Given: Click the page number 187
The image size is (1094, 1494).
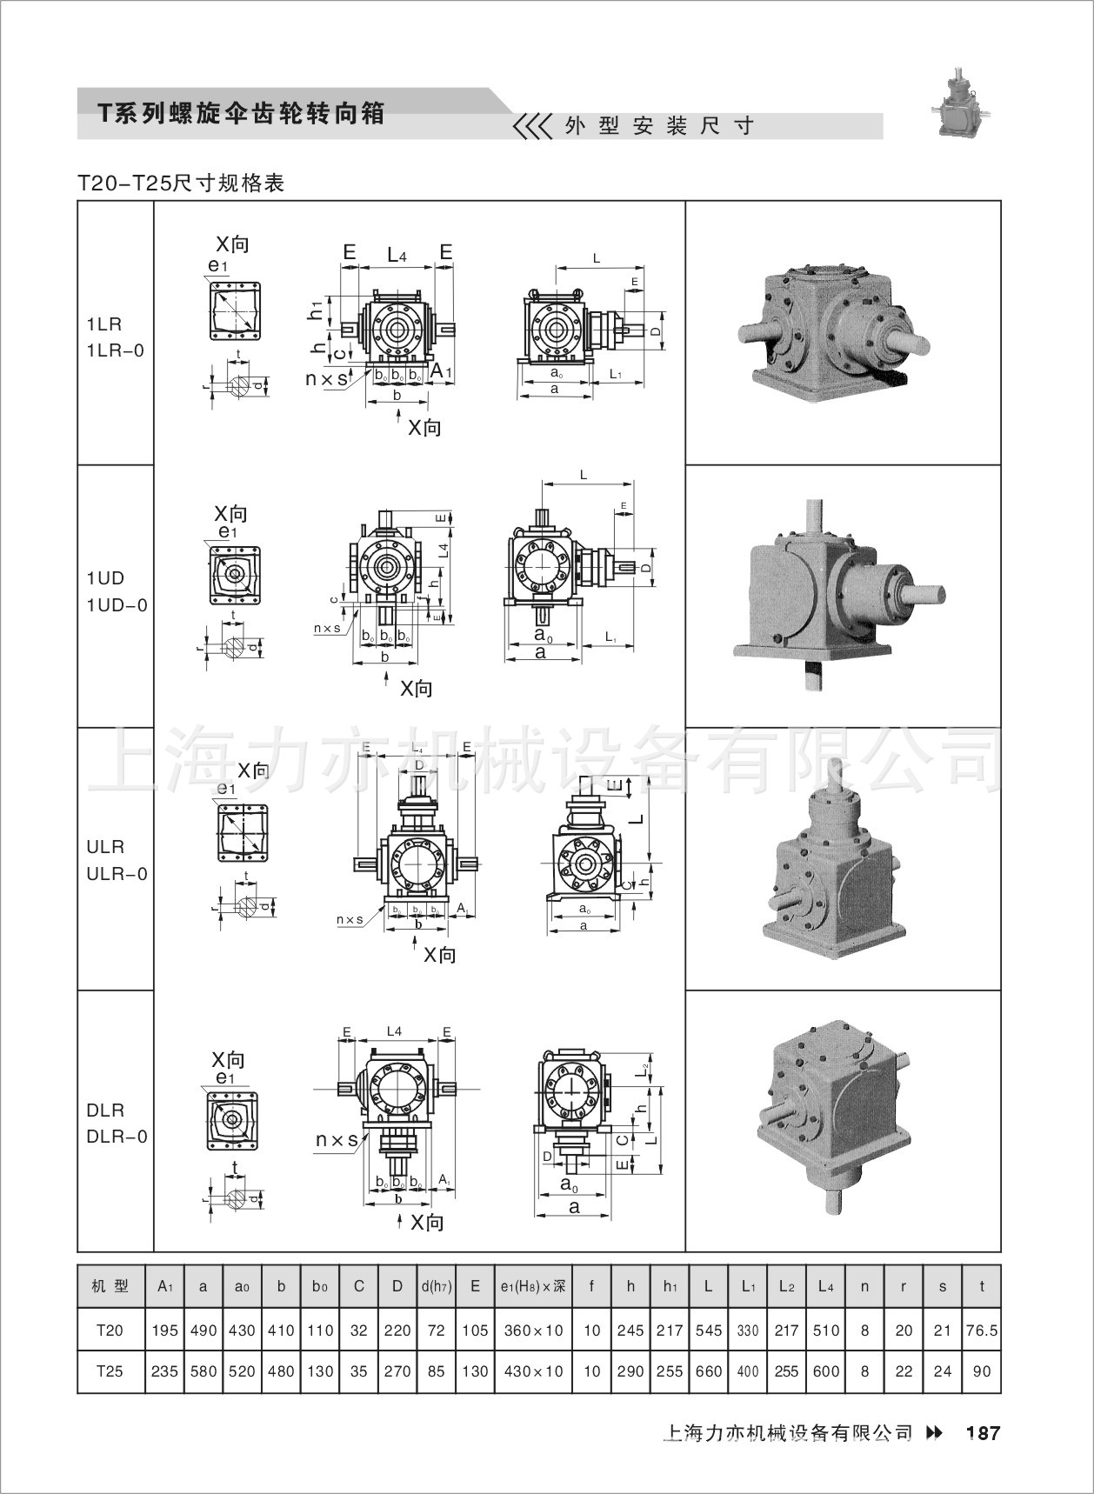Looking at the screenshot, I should point(983,1433).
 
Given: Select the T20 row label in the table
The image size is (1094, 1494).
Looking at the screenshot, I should point(110,1331).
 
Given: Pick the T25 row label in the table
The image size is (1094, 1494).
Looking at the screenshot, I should point(110,1371).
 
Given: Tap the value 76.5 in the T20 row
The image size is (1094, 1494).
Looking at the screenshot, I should point(982,1331).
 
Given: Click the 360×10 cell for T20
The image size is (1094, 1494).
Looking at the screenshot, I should point(533,1331).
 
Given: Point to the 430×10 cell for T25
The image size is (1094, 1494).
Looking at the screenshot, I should point(533,1371).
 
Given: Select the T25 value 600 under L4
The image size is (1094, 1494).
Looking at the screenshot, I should point(824,1371).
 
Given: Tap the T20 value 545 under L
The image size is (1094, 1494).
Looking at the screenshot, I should point(709,1331).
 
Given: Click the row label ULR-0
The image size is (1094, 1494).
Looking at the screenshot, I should point(117,874).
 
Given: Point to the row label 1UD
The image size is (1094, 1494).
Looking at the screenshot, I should point(105,578).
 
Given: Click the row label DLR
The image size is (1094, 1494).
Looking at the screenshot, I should point(105,1110).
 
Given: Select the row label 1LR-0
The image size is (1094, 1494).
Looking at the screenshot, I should point(115,350).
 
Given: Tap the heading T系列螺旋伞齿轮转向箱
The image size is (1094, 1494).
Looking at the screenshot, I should point(241,113).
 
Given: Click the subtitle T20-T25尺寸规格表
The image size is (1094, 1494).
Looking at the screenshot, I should point(181,183).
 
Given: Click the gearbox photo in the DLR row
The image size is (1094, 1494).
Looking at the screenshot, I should point(838,1122).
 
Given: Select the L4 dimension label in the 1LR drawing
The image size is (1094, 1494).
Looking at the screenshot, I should point(397,255).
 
